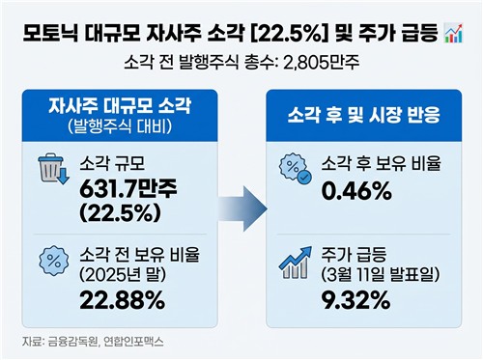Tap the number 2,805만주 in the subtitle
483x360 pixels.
(320, 66)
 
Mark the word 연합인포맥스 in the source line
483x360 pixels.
(137, 341)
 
